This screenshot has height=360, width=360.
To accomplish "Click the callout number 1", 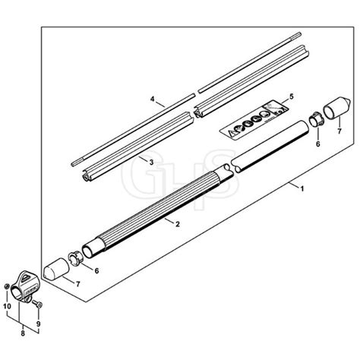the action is (x=302, y=189).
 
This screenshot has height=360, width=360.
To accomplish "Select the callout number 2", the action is (x=178, y=224).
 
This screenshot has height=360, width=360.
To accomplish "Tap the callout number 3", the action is (x=151, y=163).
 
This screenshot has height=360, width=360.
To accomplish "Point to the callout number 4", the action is (x=152, y=99).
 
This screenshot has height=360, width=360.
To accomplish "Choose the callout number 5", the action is (x=292, y=96).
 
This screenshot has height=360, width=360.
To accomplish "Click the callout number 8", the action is (x=23, y=333).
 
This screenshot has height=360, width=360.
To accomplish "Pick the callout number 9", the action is (x=39, y=324).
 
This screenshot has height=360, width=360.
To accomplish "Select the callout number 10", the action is (x=8, y=306).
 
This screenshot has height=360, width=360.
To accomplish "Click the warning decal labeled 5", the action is (x=254, y=118).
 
